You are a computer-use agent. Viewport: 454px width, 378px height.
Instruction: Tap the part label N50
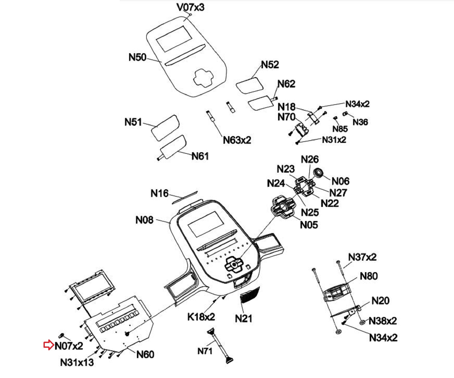[137, 57]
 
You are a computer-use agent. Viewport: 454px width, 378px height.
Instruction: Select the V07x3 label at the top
[191, 7]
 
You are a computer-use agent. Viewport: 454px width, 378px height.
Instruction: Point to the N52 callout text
[270, 65]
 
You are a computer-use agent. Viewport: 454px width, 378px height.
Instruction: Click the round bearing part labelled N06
[318, 173]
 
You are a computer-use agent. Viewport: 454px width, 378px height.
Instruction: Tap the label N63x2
[237, 140]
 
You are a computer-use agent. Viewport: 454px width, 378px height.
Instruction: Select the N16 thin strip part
[185, 197]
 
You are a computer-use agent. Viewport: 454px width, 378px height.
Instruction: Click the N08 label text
[144, 220]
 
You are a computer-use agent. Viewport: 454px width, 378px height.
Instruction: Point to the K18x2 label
[201, 317]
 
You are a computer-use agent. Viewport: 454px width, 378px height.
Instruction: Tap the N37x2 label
[362, 257]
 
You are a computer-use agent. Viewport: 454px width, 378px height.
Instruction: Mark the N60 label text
[145, 355]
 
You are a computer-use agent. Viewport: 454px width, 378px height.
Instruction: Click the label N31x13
[77, 363]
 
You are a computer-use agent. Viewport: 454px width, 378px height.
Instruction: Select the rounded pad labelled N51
[165, 128]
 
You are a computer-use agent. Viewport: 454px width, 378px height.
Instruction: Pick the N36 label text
[360, 122]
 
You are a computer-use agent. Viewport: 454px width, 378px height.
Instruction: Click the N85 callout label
[340, 129]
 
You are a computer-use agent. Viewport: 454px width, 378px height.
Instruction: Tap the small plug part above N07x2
[61, 335]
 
